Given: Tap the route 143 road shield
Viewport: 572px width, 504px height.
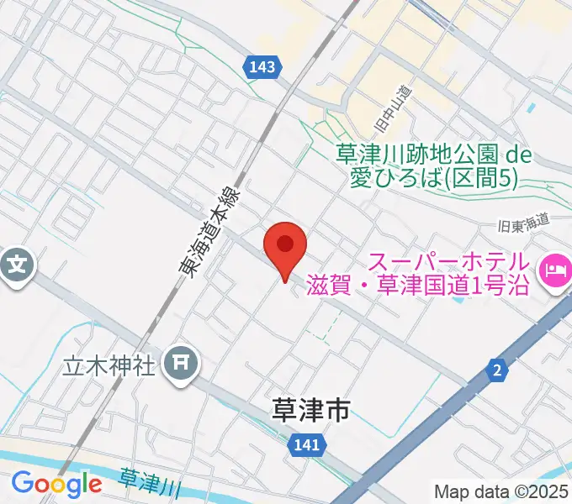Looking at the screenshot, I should (x=261, y=68).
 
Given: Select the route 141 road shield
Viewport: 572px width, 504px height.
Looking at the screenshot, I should (x=307, y=446).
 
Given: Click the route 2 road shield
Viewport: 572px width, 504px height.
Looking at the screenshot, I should (x=498, y=369).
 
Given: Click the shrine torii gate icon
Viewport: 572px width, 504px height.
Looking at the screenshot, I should (x=181, y=364).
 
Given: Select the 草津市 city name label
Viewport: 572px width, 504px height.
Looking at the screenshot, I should (x=310, y=410).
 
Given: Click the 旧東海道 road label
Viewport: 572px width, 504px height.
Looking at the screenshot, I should (x=523, y=222).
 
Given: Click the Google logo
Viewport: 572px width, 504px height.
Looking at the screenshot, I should (x=56, y=484).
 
